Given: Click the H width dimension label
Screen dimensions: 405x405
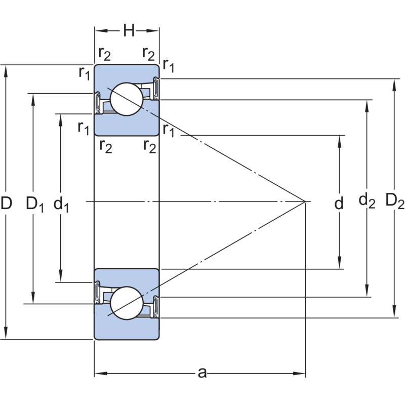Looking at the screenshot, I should (129, 31).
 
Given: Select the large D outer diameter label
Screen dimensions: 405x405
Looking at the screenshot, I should (7, 204).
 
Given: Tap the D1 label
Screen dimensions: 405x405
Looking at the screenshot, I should (35, 205).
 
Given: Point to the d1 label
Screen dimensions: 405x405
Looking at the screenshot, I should (61, 205).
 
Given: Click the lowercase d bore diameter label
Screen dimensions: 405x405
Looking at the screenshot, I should (339, 204).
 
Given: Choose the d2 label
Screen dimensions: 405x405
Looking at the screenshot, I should (367, 201).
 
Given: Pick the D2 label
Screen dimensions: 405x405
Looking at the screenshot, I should (395, 201).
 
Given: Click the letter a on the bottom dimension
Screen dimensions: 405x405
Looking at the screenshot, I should (202, 374).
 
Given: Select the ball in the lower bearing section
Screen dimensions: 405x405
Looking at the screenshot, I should (126, 303).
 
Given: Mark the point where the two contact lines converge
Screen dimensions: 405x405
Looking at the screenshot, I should (305, 202).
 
